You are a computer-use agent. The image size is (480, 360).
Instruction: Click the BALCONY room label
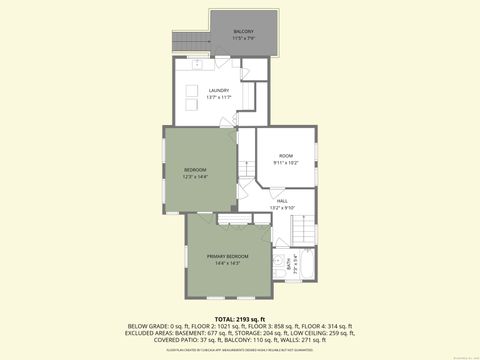coord(243,32)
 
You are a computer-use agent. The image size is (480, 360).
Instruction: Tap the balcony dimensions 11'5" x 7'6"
coord(243,39)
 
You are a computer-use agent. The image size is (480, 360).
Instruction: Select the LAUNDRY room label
coord(219,90)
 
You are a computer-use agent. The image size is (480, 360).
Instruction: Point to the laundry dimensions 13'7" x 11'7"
coord(219,97)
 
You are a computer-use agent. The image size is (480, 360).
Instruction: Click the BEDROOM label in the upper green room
coord(195,169)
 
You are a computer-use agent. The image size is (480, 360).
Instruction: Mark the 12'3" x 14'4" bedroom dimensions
coord(195,176)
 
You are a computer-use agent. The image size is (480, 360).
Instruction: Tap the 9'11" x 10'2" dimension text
coord(286,162)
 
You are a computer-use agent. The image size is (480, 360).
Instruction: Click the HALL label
coord(282,200)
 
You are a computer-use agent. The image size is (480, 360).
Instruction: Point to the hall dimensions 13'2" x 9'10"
coord(282,207)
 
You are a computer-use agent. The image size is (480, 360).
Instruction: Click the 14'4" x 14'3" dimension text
coord(228,263)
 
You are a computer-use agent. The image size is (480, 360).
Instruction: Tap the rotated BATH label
coord(290,267)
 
